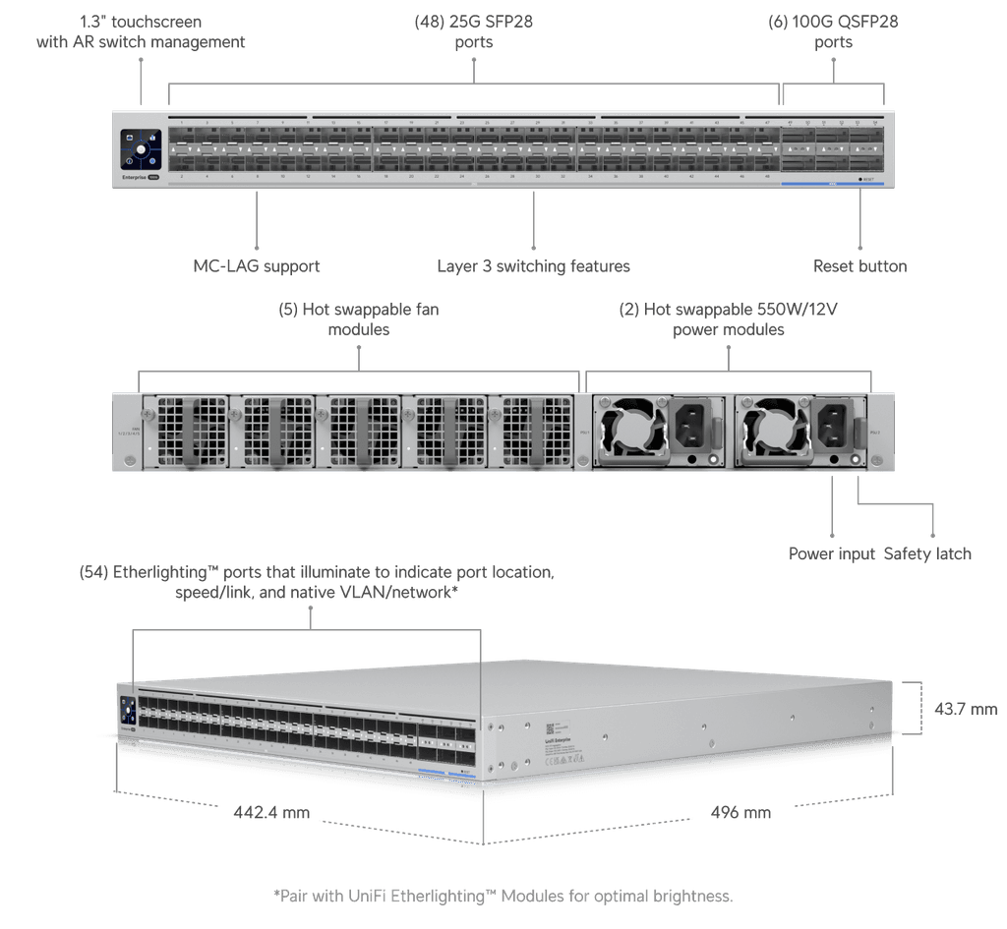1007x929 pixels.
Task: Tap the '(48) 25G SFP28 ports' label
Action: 474,31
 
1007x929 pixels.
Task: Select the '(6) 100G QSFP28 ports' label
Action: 834,31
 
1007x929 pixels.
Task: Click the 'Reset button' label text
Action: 859,266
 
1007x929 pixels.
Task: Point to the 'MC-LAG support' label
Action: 257,266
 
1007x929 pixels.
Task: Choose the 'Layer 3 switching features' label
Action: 533,266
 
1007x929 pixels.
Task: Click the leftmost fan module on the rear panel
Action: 184,432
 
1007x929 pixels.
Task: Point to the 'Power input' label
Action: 831,553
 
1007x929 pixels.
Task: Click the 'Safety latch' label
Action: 927,553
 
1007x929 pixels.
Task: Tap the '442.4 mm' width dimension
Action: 271,813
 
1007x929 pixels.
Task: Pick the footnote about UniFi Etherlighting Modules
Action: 503,896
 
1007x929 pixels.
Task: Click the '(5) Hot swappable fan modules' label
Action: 358,319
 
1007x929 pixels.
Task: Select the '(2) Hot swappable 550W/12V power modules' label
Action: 729,319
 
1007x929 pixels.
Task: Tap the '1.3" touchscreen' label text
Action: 141,31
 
